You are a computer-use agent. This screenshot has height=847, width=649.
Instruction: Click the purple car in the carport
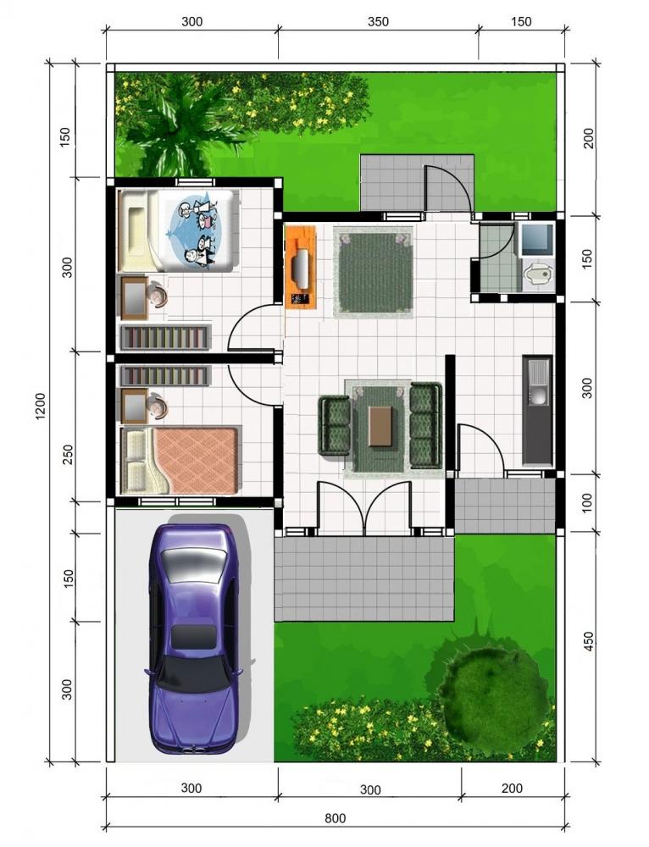[x=192, y=639]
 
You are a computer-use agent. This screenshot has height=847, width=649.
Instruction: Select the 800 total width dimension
[x=336, y=818]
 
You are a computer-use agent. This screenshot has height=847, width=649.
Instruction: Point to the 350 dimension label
[x=379, y=21]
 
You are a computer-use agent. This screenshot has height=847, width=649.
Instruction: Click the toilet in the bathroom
[x=537, y=274]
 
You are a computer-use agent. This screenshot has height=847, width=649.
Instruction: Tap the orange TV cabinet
[x=300, y=266]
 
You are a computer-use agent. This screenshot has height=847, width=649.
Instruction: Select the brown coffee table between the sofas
[x=380, y=426]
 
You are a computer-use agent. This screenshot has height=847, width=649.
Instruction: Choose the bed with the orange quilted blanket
[x=182, y=460]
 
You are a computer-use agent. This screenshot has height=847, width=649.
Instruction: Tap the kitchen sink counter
[x=537, y=409]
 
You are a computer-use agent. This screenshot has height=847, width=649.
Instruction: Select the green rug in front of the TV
[x=373, y=271]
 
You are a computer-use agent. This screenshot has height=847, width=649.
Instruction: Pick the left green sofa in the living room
[x=335, y=425]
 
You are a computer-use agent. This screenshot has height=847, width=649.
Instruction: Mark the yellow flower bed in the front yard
[x=364, y=730]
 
